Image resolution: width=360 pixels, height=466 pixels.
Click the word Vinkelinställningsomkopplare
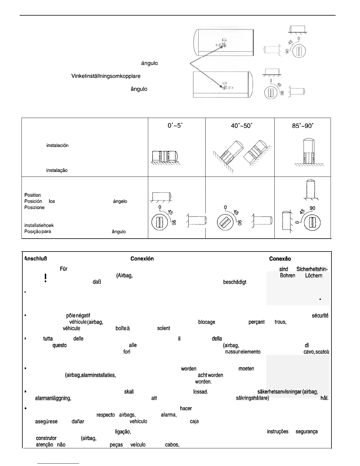[106, 76]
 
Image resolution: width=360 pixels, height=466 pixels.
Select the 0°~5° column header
[175, 126]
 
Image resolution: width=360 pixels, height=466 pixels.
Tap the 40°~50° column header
[241, 126]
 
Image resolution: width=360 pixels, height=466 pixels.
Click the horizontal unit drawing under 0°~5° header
[165, 157]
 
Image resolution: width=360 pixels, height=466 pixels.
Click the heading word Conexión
[142, 259]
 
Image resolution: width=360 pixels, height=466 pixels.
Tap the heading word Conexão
[280, 259]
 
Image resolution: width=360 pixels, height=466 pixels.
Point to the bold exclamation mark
[46, 278]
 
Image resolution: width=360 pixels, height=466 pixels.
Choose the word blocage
[207, 322]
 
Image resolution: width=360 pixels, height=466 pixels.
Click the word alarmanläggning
[53, 398]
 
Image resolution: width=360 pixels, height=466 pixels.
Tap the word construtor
[46, 438]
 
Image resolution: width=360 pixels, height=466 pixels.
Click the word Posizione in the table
[34, 208]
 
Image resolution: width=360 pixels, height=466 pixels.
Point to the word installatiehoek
[39, 225]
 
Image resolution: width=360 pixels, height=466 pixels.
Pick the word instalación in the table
[57, 146]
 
